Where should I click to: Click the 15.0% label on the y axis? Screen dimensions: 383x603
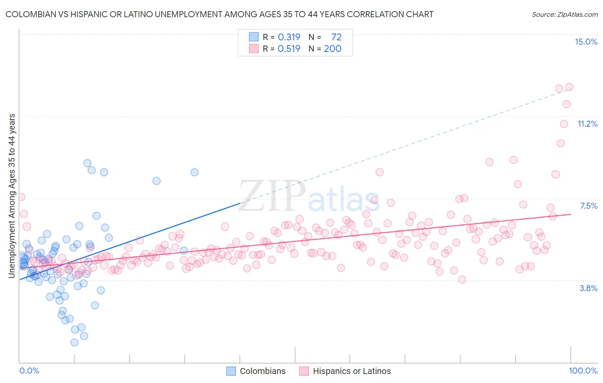[x=586, y=42]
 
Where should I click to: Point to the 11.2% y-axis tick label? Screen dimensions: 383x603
[x=587, y=124]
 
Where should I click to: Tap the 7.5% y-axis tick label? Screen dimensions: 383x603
[x=588, y=206]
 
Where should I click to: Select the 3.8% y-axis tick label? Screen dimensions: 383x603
[x=588, y=288]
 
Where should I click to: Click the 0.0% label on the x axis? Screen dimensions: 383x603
[x=29, y=371]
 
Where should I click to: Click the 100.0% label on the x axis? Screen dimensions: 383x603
[x=583, y=371]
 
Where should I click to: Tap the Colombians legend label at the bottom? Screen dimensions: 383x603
[x=262, y=371]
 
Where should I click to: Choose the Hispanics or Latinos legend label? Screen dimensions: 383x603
[x=352, y=371]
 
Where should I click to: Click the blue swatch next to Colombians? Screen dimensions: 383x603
[x=231, y=371]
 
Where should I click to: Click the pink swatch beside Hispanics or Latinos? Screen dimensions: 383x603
[x=304, y=371]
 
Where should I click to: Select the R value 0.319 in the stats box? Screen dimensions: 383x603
[x=289, y=37]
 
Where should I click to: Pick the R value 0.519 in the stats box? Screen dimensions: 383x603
[x=289, y=49]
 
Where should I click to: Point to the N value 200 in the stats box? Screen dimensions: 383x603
[x=332, y=49]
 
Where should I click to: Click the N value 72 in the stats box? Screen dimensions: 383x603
[x=336, y=37]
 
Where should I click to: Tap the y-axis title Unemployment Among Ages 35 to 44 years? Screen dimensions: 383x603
[x=12, y=196]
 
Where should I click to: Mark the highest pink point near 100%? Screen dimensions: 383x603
[x=569, y=87]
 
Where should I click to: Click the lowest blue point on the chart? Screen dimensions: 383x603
[x=75, y=342]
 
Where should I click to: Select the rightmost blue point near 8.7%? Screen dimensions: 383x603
[x=194, y=172]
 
